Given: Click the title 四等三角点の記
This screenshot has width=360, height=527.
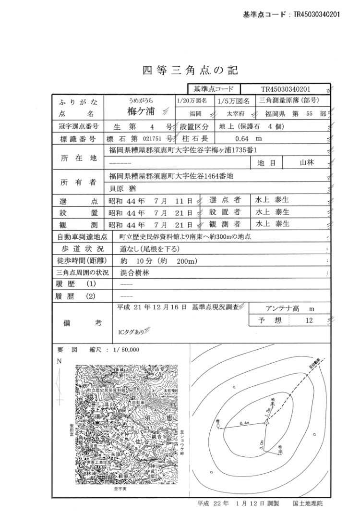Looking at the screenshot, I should pos(190,71).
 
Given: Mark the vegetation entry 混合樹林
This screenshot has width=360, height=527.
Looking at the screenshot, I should pos(133,273).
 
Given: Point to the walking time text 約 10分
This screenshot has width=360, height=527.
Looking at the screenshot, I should pos(136,261).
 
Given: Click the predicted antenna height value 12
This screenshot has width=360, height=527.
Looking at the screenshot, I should pos(309,320).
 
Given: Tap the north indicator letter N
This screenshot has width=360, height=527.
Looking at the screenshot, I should pos(59,361).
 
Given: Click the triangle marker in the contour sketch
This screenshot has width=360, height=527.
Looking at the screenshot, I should pos(266,423).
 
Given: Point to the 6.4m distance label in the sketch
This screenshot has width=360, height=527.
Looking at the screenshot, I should pos(243,423).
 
